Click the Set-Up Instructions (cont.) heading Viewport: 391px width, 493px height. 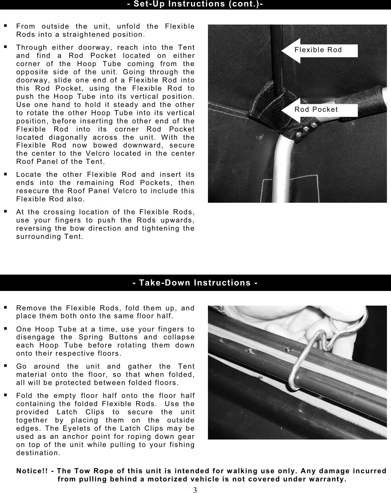[195, 4]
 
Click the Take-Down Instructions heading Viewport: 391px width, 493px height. [195, 283]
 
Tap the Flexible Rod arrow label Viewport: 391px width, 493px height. [318, 50]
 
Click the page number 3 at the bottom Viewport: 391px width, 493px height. [195, 490]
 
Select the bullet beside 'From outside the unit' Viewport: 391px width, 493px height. [6, 26]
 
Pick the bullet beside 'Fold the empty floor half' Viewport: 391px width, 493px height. [6, 395]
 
